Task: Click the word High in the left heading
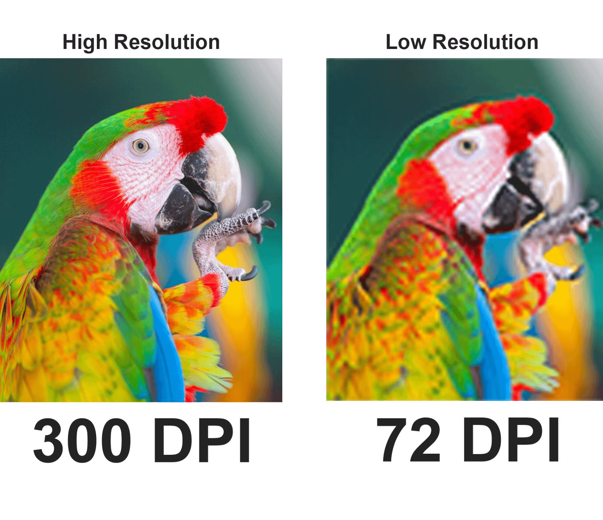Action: coord(85,42)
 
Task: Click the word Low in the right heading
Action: coord(406,42)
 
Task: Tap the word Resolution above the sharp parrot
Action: coord(167,42)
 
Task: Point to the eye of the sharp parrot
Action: coord(141,145)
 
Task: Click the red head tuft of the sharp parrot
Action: coord(200,117)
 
